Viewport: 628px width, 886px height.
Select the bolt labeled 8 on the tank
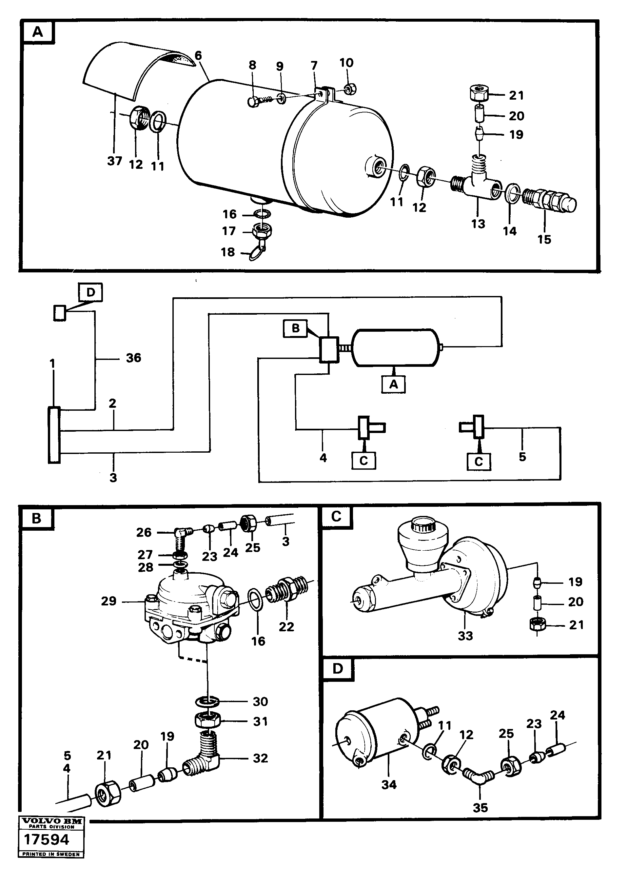pyautogui.click(x=254, y=102)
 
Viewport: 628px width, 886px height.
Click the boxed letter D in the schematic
pyautogui.click(x=90, y=292)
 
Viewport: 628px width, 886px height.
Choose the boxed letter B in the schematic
pyautogui.click(x=295, y=328)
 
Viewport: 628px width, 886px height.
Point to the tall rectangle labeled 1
pyautogui.click(x=54, y=435)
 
